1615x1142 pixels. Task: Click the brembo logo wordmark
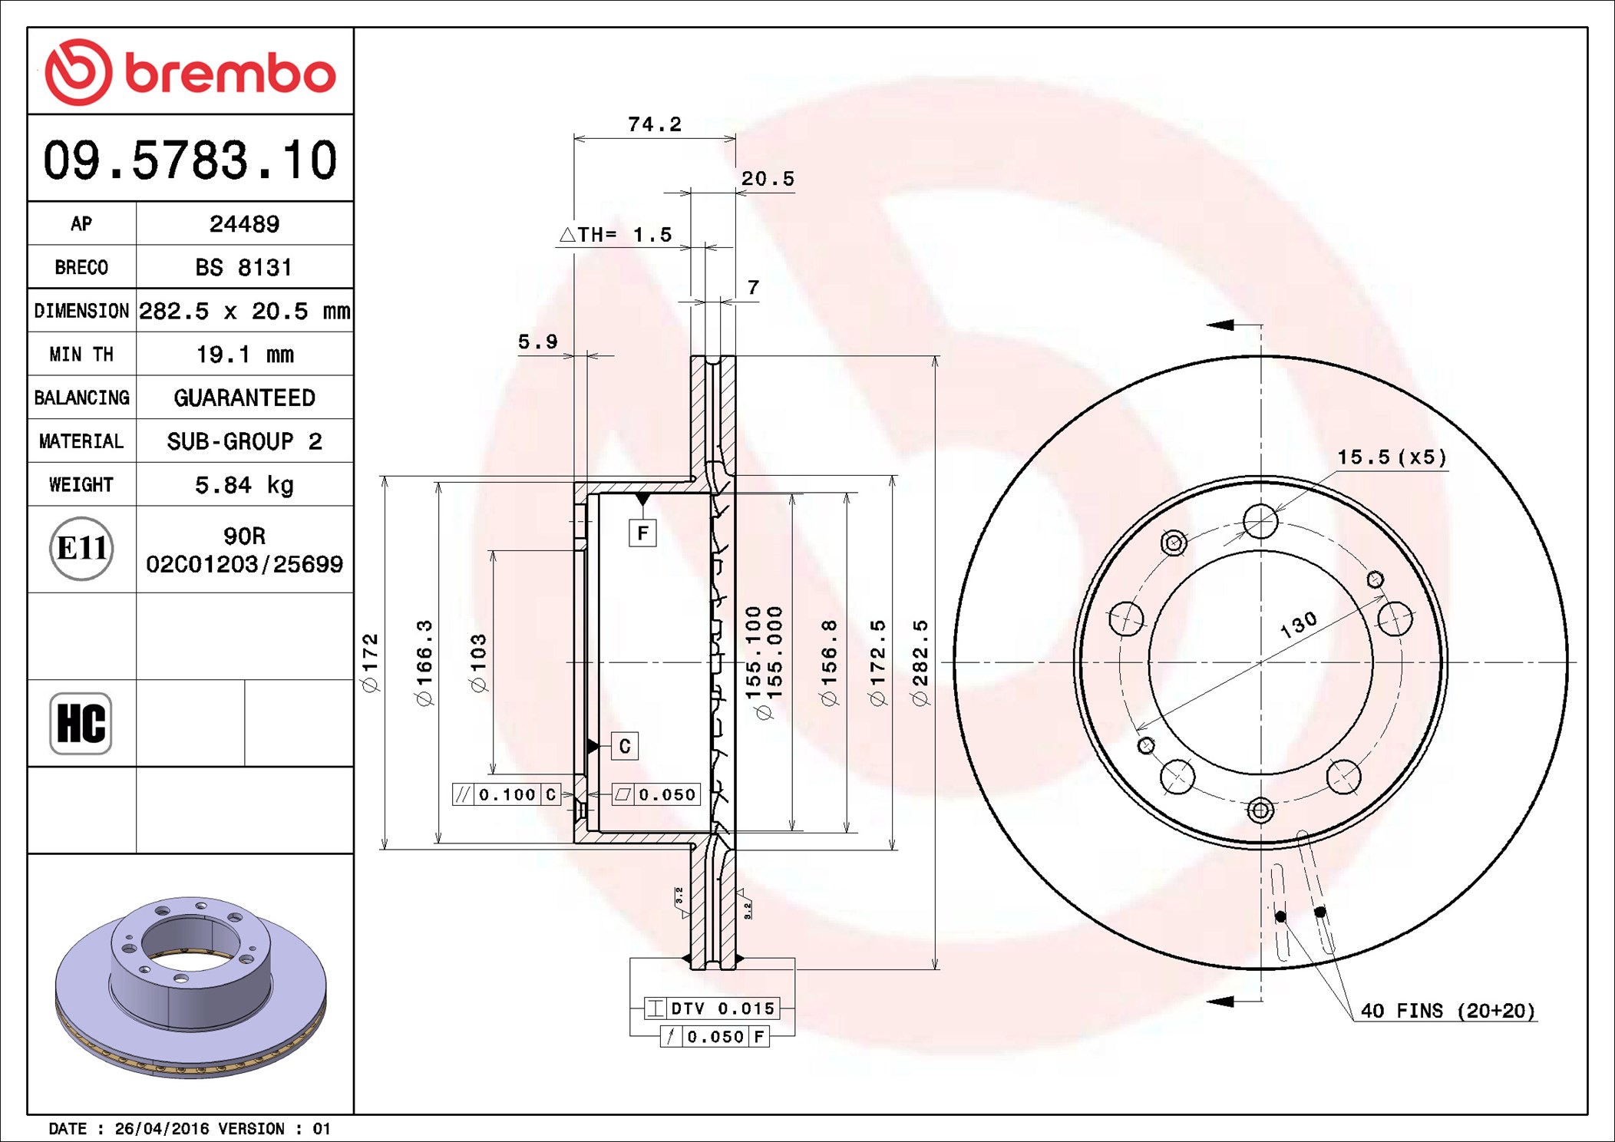(230, 74)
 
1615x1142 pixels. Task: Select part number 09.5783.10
(190, 160)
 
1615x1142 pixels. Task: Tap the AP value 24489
(244, 224)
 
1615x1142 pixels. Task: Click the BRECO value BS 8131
(244, 267)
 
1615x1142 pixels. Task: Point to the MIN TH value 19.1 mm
(245, 355)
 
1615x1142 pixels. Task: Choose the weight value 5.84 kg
(244, 485)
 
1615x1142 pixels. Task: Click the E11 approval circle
(81, 549)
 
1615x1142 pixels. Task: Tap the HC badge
(81, 723)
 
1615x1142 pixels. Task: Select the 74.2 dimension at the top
(655, 124)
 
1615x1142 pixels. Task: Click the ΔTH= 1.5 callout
(616, 234)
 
